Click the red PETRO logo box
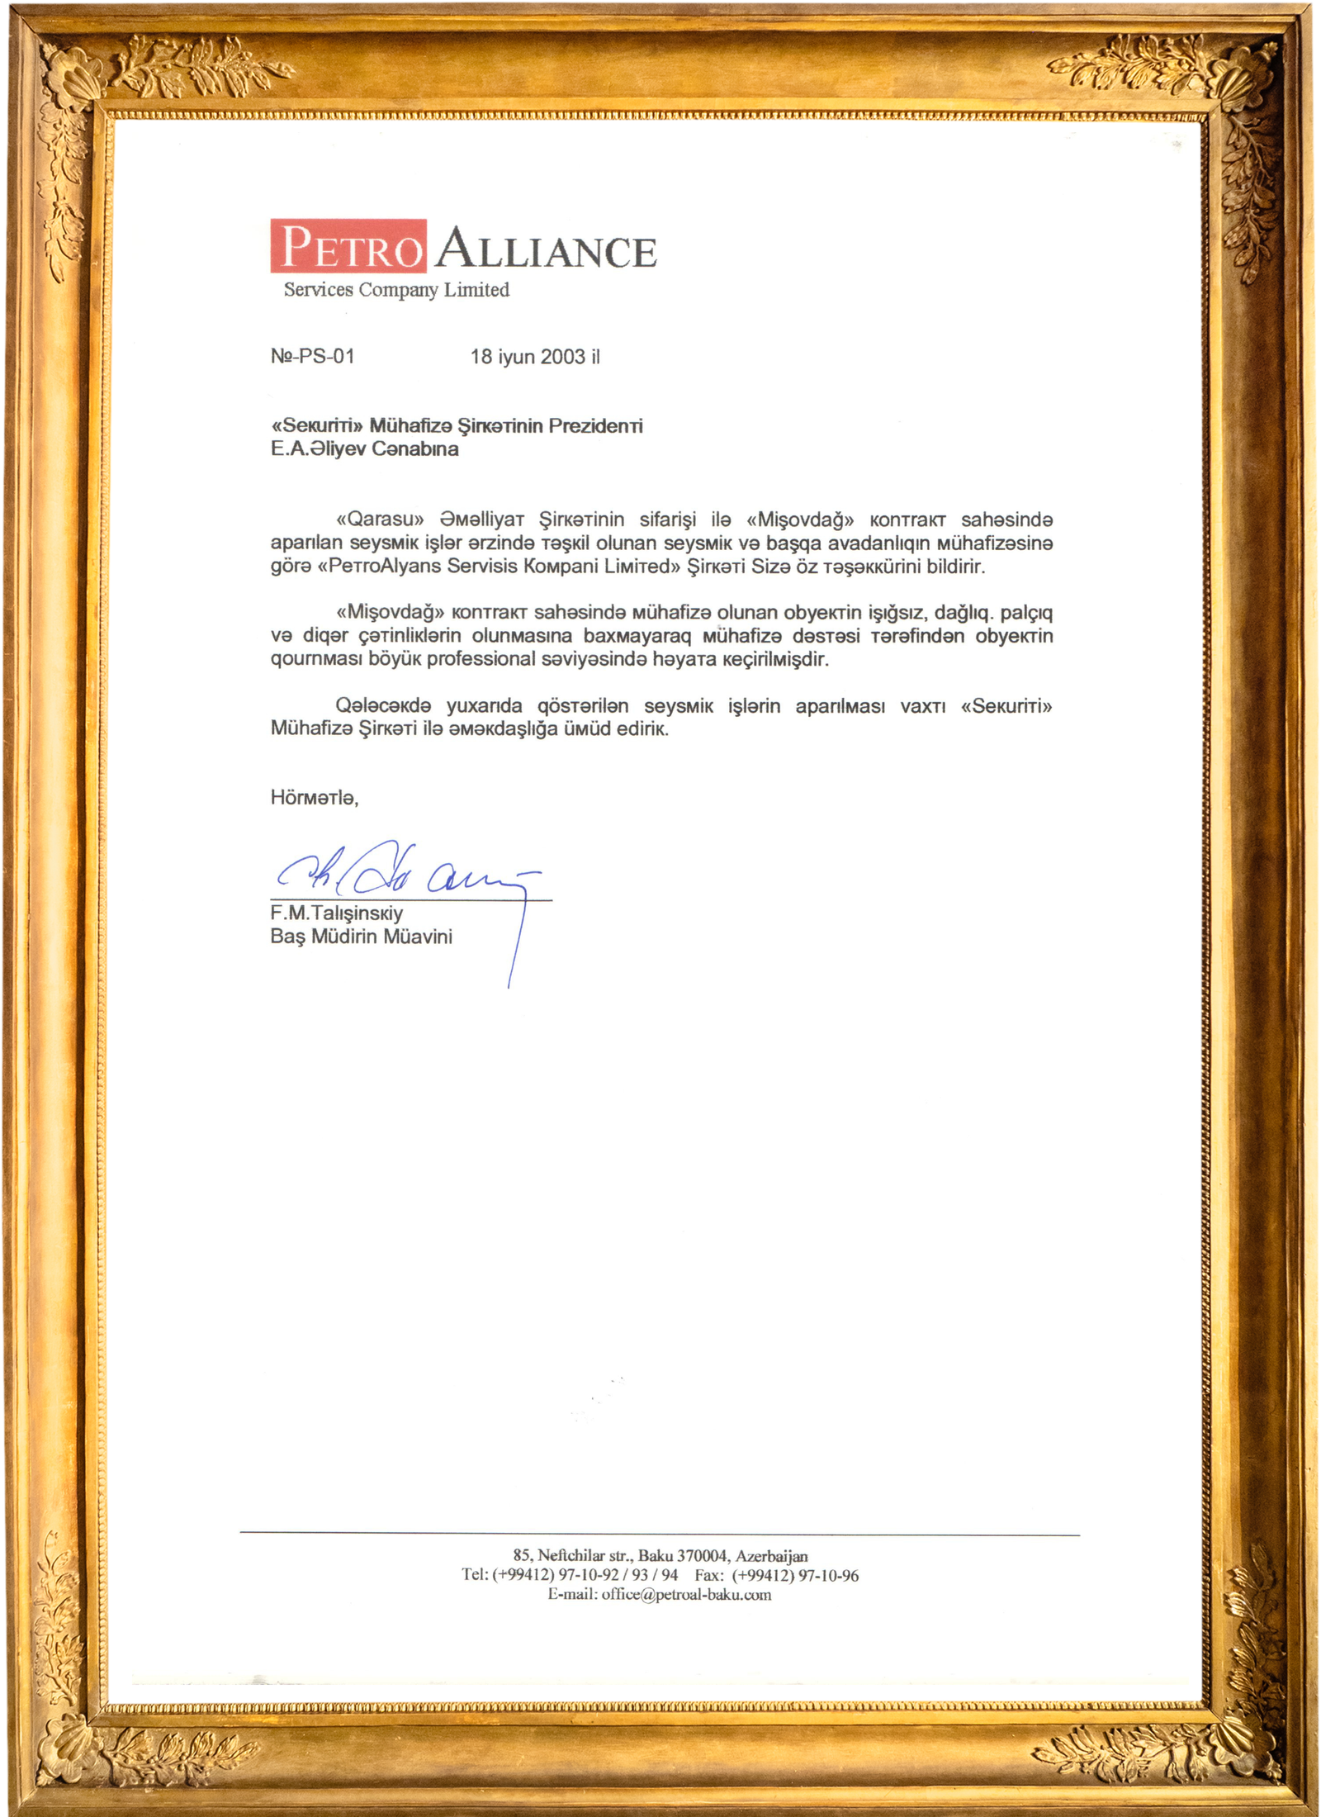tap(348, 245)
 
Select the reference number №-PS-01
tap(312, 356)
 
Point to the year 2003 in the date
tap(562, 356)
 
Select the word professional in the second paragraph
tap(481, 658)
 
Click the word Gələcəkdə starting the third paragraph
tap(383, 705)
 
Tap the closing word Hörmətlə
tap(314, 797)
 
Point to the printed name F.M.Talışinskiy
tap(336, 913)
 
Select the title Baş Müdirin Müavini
tap(361, 936)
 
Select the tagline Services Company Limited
tap(396, 289)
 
